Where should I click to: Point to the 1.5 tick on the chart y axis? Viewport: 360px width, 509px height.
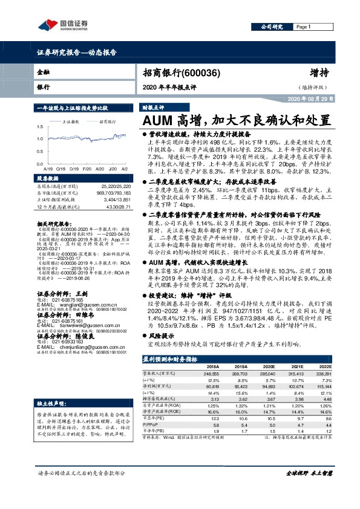pyautogui.click(x=39, y=127)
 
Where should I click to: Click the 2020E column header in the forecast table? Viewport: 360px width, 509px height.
pyautogui.click(x=269, y=367)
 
